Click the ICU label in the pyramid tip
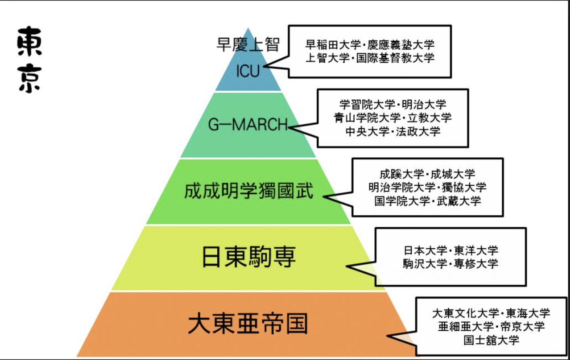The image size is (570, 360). point(248,71)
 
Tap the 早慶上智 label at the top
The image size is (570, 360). point(248,44)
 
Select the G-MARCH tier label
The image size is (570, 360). point(248,125)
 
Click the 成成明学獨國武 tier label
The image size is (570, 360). point(249,191)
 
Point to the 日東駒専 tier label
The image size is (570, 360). point(249,257)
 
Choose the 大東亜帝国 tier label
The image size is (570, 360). point(248,324)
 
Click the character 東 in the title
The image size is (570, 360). point(30,42)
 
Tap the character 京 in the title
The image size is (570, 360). point(30,79)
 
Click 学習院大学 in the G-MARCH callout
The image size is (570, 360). point(367,105)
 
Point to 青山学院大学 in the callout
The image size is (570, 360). point(361,118)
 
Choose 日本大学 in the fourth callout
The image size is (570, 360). point(425,250)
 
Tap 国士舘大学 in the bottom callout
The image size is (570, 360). point(491,340)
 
